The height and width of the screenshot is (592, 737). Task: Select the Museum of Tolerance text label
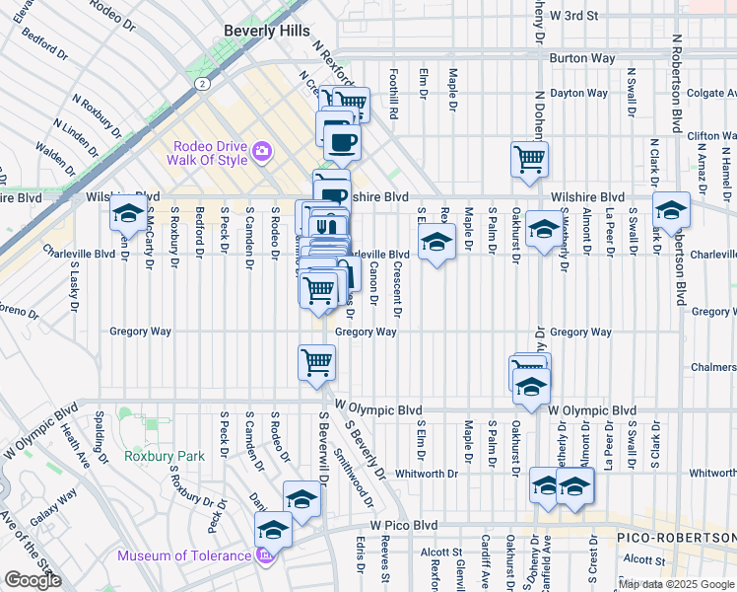point(184,555)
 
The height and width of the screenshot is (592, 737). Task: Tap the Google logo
point(32,580)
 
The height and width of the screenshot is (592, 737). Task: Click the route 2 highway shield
point(201,85)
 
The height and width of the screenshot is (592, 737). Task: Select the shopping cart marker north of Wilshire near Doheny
point(530,158)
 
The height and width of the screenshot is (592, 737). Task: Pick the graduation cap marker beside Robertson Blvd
point(672,209)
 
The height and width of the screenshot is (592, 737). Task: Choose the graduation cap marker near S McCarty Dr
point(127,212)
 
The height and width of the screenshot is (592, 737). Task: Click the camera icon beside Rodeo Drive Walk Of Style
point(262,151)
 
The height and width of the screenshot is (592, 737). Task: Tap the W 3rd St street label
point(574,16)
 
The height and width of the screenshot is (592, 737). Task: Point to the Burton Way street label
point(582,58)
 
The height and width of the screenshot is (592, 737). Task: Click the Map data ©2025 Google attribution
point(676,584)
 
